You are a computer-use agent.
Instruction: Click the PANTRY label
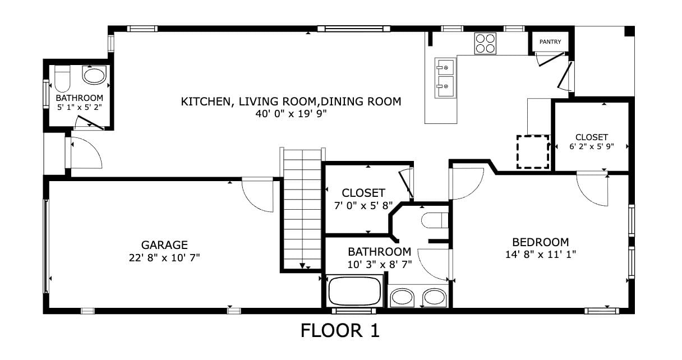click(550, 41)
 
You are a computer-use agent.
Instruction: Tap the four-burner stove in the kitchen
click(485, 44)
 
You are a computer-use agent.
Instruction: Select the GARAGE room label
click(164, 245)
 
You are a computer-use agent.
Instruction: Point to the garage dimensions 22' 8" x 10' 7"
click(164, 258)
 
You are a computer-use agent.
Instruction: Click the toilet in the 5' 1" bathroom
click(62, 79)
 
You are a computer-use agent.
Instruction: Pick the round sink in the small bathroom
click(94, 76)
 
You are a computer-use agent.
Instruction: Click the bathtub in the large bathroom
click(354, 291)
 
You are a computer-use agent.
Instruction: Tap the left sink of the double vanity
click(402, 297)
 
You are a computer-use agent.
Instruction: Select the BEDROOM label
click(541, 242)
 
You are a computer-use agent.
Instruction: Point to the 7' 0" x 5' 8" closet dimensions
click(363, 206)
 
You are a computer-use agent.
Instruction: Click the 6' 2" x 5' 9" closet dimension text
click(592, 146)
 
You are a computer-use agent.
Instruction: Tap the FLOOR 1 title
click(340, 331)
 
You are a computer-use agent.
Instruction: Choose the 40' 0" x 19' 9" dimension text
click(291, 114)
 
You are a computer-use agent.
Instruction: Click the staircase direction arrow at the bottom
click(302, 265)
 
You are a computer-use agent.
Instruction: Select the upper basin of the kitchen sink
click(446, 67)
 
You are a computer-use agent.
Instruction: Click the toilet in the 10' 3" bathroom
click(435, 220)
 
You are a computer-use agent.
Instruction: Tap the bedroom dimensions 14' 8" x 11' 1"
click(541, 255)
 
